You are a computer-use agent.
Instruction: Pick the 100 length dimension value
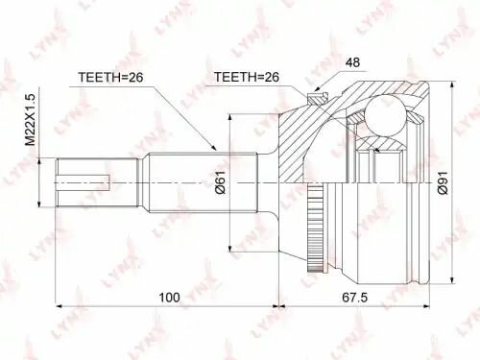click(x=168, y=298)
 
